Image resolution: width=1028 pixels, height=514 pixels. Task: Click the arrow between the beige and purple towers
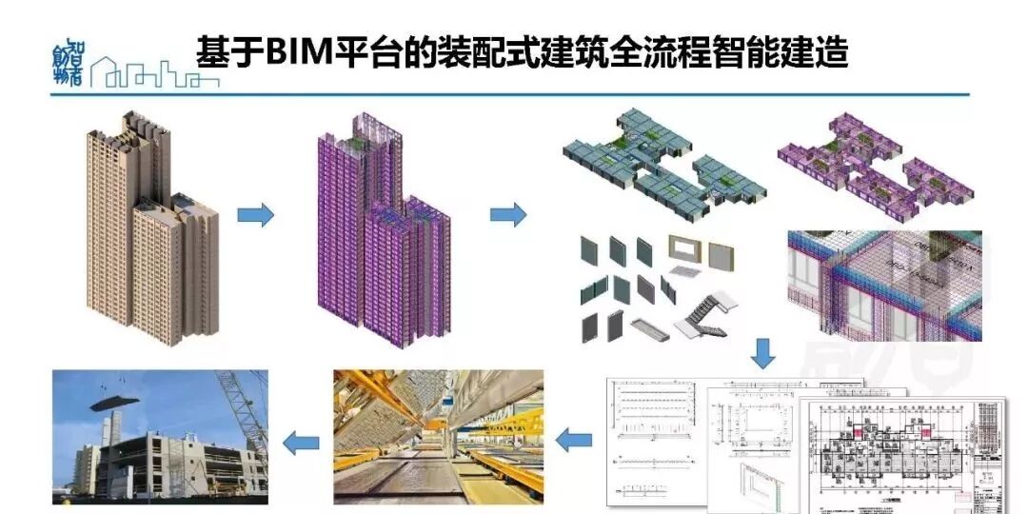255,215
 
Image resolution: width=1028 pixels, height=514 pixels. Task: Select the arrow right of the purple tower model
508,214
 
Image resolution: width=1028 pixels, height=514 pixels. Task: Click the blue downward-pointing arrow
762,353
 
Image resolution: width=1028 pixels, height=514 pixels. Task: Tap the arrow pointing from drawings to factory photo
573,440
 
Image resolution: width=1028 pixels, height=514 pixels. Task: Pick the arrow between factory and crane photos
302,441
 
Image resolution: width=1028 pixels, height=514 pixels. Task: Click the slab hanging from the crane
120,401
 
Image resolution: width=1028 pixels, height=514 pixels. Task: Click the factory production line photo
438,436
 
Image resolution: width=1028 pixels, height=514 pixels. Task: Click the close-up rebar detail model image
884,285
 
